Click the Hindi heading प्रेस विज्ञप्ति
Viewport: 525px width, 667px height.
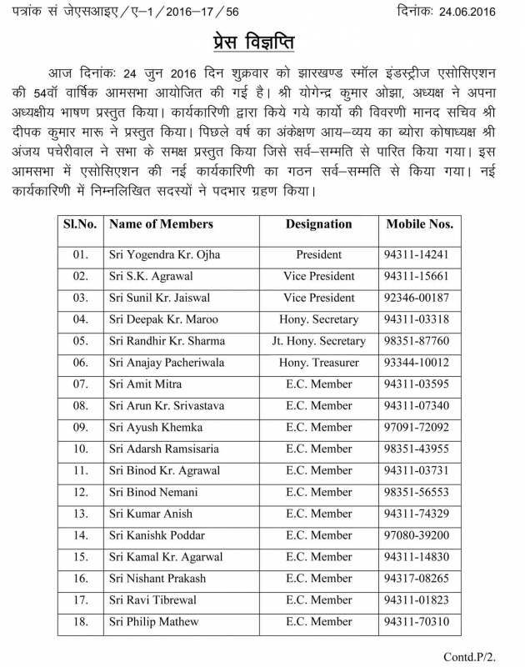[x=262, y=43]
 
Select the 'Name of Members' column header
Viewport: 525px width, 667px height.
[x=161, y=224]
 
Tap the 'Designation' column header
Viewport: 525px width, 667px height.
[x=319, y=224]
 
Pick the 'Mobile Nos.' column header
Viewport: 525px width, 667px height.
[x=419, y=224]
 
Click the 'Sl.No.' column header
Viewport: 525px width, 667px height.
[x=81, y=224]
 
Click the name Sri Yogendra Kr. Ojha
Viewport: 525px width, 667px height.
[x=164, y=254]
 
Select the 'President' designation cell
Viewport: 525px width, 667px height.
[x=319, y=254]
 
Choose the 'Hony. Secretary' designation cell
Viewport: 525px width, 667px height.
[x=319, y=319]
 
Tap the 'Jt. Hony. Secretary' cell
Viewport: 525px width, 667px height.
[x=319, y=341]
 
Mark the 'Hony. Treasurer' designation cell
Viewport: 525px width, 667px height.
[x=319, y=363]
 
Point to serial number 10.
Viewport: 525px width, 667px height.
[x=81, y=449]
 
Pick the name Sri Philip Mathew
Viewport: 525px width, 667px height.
[x=154, y=622]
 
